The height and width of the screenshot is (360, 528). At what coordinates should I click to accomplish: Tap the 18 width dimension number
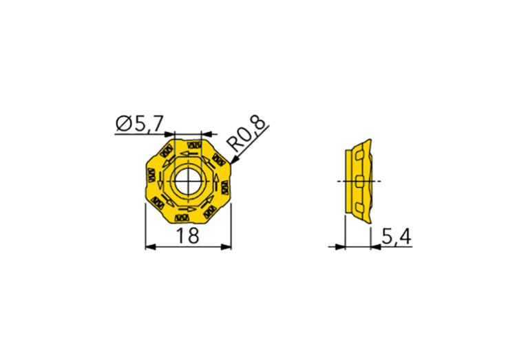click(x=188, y=236)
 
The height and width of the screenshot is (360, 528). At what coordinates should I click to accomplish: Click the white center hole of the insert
click(x=188, y=182)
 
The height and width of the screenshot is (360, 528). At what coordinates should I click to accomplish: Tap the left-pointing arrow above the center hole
click(x=184, y=154)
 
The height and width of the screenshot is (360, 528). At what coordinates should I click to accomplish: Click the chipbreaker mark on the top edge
click(x=193, y=145)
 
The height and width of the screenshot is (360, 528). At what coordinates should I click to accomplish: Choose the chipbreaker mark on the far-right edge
click(x=224, y=187)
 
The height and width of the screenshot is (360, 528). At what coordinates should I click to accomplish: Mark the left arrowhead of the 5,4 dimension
click(x=340, y=246)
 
